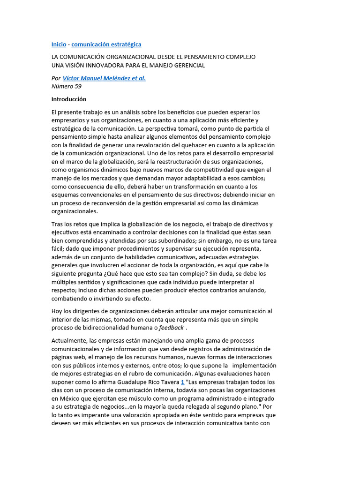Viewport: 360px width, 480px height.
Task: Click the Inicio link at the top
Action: coord(59,45)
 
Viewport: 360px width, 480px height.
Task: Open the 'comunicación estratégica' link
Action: coord(106,45)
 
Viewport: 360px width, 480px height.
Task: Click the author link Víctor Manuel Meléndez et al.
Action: coord(104,78)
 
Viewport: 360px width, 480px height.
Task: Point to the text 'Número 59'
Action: coord(66,86)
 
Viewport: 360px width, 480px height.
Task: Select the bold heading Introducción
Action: coord(69,99)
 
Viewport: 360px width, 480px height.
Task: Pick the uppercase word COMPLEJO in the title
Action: coord(238,57)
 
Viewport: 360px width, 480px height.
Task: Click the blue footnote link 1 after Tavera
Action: coord(182,382)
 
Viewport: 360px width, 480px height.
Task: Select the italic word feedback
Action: coord(172,328)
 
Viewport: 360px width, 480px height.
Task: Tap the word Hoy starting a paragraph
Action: coord(57,311)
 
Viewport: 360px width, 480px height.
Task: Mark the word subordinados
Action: coord(172,240)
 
